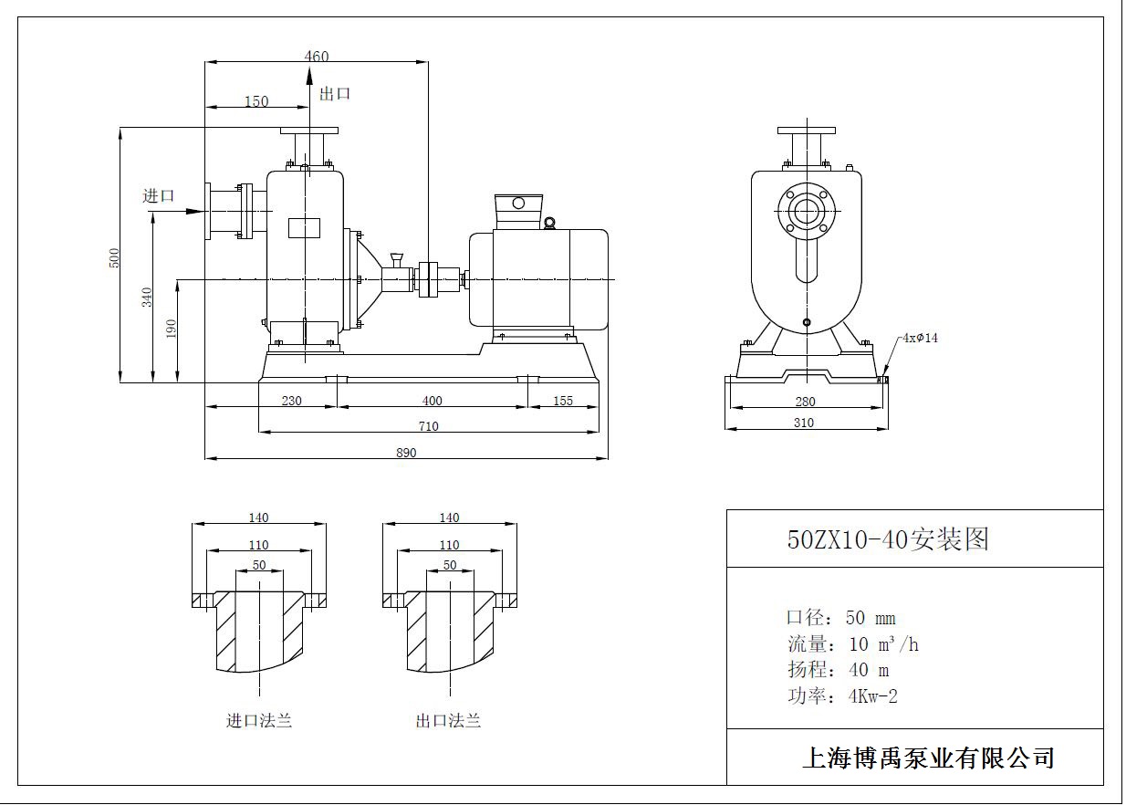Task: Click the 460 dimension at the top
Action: [x=316, y=57]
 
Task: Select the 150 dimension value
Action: [x=256, y=101]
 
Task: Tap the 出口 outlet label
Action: [x=335, y=93]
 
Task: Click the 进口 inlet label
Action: [x=158, y=195]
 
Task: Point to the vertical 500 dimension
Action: [x=114, y=257]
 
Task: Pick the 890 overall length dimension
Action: [x=406, y=453]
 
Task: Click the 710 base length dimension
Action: [x=428, y=426]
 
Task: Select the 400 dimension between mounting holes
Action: [x=432, y=401]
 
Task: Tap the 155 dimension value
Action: [x=563, y=401]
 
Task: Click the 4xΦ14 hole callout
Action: [x=920, y=338]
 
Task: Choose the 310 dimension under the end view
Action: [x=803, y=423]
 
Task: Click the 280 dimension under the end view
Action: [x=805, y=402]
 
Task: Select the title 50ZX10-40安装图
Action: [x=888, y=539]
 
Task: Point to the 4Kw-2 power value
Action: [x=872, y=696]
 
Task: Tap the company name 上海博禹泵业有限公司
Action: [x=928, y=758]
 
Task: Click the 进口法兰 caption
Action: [x=259, y=721]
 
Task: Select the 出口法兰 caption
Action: [x=448, y=721]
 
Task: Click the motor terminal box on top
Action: [x=518, y=212]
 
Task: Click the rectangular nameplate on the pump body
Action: [x=304, y=228]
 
